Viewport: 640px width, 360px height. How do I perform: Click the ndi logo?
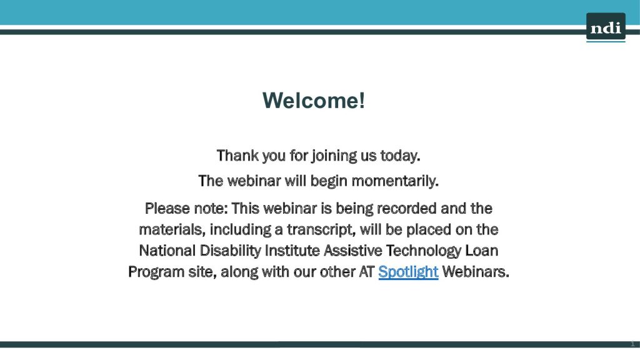point(606,27)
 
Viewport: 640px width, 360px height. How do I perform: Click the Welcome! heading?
point(314,101)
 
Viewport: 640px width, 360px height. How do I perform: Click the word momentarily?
point(395,181)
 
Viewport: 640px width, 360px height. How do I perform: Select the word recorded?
point(406,209)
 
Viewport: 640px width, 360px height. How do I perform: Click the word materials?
point(172,230)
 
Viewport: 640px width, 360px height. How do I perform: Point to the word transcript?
point(321,230)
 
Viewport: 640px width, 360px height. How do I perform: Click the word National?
point(167,251)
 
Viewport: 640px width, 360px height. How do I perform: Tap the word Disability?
point(230,251)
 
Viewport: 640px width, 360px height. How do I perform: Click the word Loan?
point(482,251)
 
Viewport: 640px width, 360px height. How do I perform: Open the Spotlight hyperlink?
point(408,272)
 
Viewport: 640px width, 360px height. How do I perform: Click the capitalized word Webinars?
point(476,272)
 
